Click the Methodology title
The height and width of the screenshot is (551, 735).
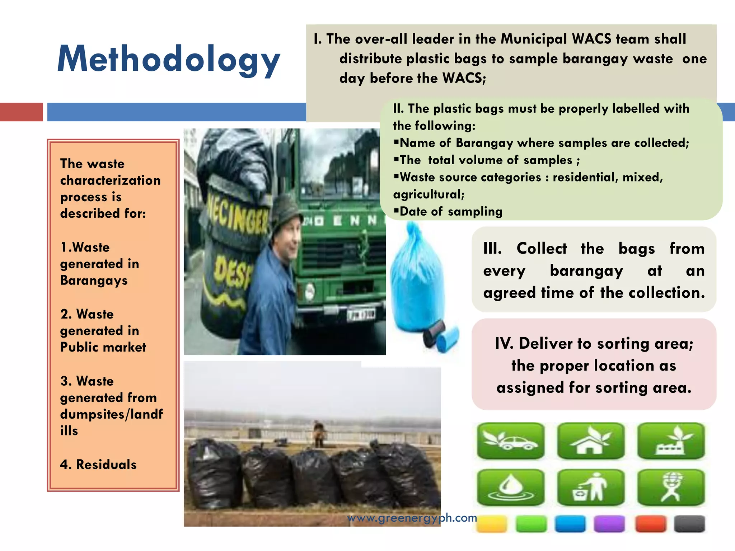[x=169, y=59]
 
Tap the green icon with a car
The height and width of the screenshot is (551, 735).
[x=511, y=441]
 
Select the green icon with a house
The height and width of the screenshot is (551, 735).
[x=591, y=441]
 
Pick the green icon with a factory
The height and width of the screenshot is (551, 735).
[x=671, y=441]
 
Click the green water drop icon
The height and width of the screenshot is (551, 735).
[x=511, y=488]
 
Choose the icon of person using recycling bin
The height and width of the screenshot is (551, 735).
[x=591, y=488]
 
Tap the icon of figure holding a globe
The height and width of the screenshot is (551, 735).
[x=671, y=488]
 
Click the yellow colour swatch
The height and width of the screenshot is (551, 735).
[x=492, y=524]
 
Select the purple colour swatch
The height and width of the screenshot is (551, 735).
[x=609, y=524]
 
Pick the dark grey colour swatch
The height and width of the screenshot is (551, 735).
[x=689, y=524]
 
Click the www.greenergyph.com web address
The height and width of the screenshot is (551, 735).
[x=412, y=518]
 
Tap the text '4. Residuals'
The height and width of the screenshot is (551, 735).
[x=98, y=465]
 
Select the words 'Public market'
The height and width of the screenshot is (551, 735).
[x=103, y=347]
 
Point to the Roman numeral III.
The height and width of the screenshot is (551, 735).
[x=492, y=249]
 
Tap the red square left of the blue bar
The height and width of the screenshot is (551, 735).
[x=21, y=112]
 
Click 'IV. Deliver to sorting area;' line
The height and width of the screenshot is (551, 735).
[x=594, y=344]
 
